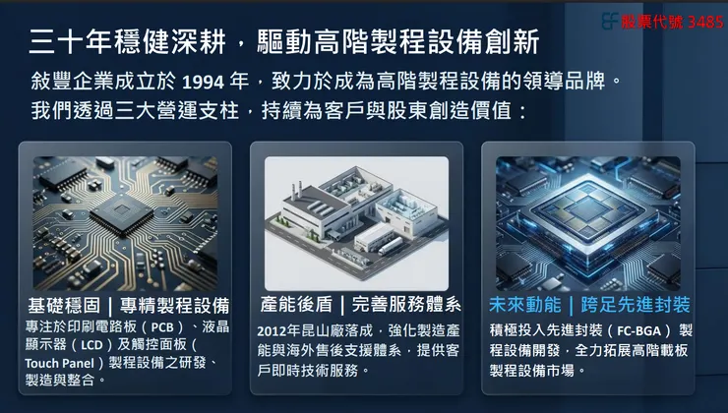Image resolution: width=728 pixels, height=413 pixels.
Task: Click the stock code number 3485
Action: [705, 21]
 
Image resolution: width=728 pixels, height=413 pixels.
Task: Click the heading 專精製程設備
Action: [174, 305]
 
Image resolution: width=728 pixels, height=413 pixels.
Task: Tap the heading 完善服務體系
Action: [405, 305]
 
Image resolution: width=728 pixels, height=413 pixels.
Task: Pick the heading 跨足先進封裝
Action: [637, 305]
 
